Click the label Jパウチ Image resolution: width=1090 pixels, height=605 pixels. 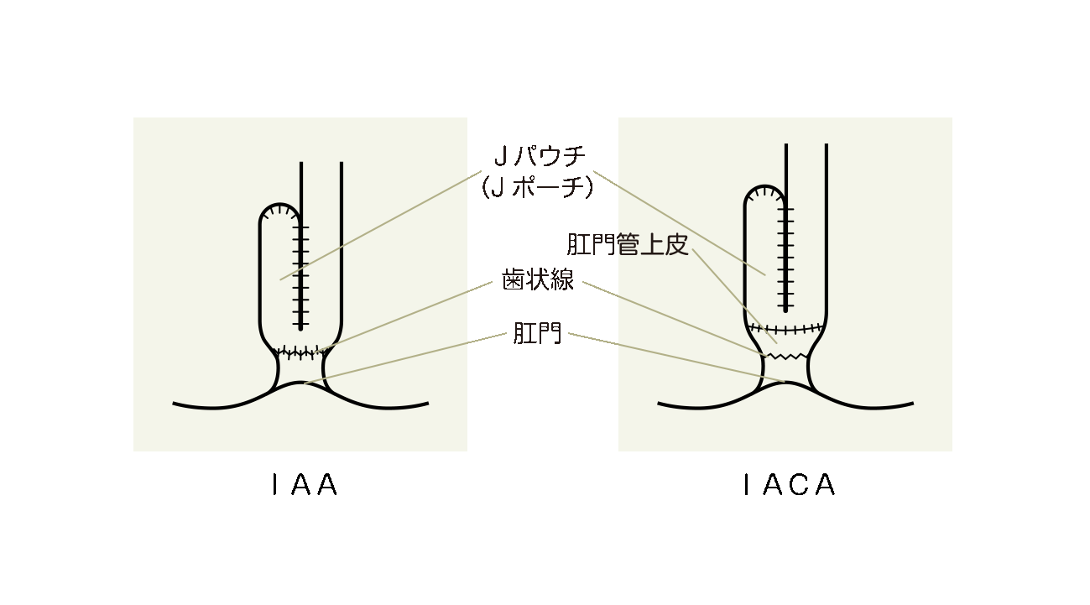pyautogui.click(x=538, y=157)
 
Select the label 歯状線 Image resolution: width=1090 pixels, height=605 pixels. pyautogui.click(x=538, y=280)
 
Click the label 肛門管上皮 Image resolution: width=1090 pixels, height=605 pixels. pyautogui.click(x=627, y=245)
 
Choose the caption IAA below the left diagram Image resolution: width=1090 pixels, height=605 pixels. pyautogui.click(x=305, y=486)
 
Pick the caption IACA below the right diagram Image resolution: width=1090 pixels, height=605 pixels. pyautogui.click(x=790, y=486)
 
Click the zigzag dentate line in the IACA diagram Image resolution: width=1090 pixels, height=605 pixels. pyautogui.click(x=785, y=357)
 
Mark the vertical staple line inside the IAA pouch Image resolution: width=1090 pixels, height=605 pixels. pyautogui.click(x=301, y=277)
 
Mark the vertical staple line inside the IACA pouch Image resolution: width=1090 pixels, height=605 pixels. pyautogui.click(x=786, y=256)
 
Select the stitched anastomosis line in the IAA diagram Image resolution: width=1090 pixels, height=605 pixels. pyautogui.click(x=300, y=352)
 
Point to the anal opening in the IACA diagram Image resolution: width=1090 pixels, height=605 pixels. pyautogui.click(x=786, y=384)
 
